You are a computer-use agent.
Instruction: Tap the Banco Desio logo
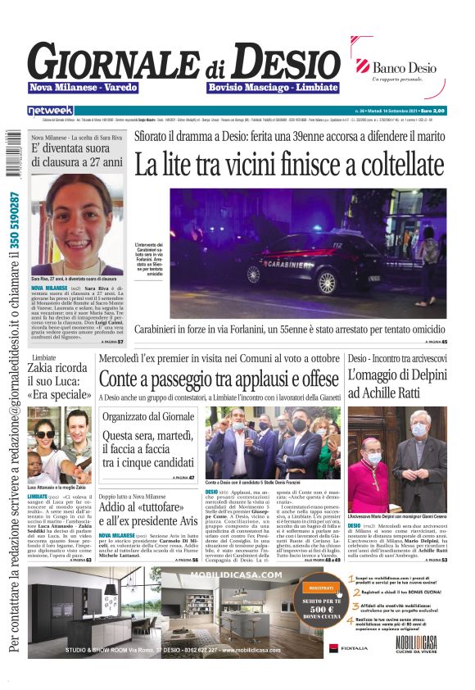[401, 69]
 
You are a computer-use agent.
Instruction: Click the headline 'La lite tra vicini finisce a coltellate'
[291, 164]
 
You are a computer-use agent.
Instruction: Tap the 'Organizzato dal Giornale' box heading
[147, 415]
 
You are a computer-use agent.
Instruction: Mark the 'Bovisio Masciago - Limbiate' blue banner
[273, 88]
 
